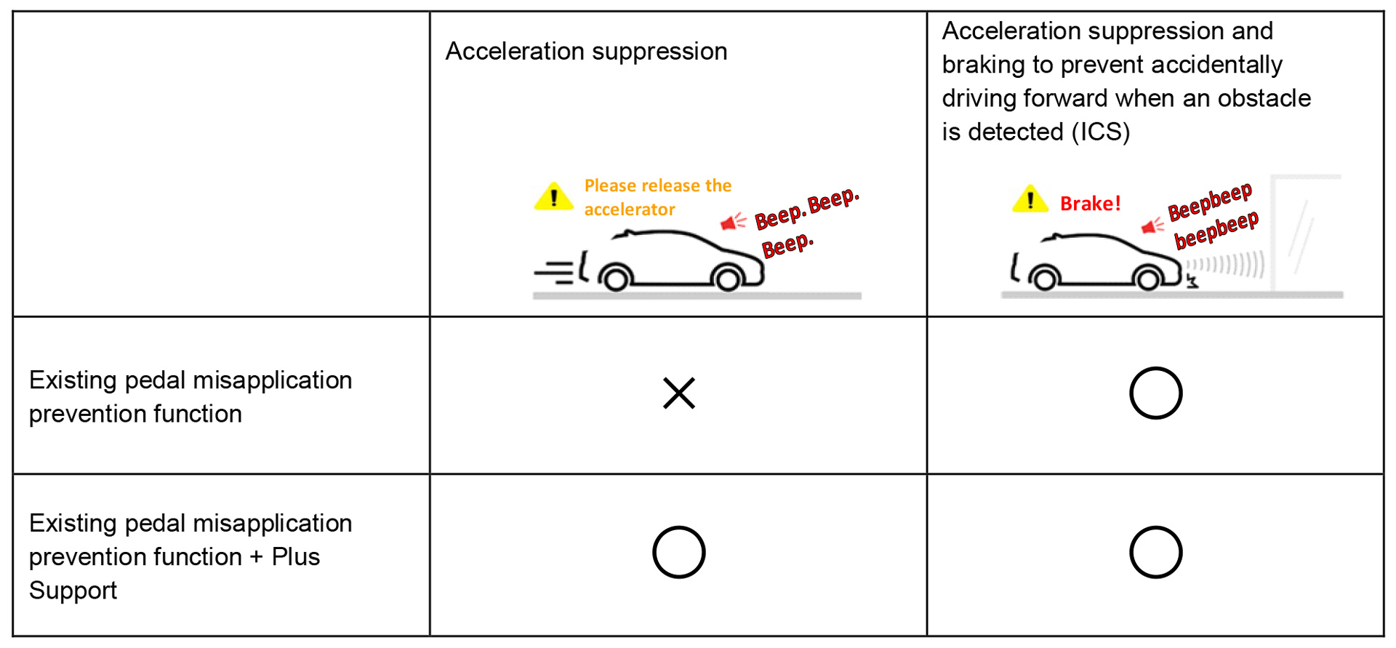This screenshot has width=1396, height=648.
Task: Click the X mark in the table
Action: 679,393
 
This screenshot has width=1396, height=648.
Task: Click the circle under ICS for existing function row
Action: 1155,393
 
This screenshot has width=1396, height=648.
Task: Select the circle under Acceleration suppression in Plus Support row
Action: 678,552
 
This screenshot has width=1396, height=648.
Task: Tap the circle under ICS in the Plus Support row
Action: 1155,552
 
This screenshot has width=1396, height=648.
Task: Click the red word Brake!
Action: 1090,204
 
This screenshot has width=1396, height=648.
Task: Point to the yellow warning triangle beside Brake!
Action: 1030,199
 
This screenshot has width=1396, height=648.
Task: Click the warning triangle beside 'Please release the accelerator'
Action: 553,196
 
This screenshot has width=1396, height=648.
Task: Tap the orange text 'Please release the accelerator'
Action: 657,197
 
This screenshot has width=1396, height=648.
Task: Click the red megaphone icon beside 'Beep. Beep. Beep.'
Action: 732,221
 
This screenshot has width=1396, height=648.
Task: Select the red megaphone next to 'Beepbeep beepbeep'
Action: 1152,226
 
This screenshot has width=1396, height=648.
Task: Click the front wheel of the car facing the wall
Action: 1148,279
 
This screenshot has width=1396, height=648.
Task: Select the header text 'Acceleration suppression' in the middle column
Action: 586,52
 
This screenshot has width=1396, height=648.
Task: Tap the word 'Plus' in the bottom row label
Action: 295,557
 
